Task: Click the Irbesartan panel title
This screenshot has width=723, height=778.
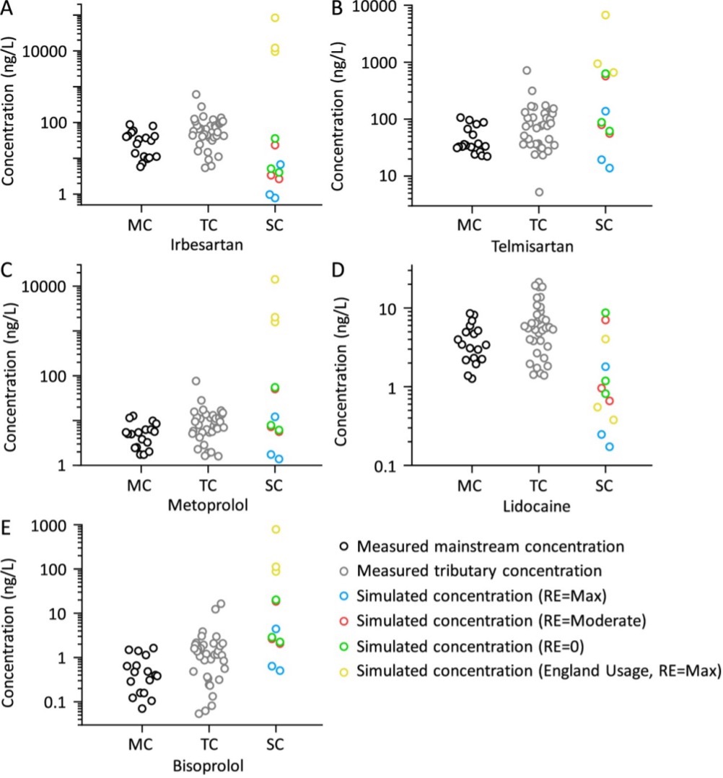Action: click(x=206, y=244)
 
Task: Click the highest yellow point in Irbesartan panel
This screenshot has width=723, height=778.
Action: click(x=276, y=17)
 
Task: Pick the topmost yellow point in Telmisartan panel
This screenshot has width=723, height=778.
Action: click(x=606, y=14)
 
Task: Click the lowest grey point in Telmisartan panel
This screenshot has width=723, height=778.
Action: click(x=539, y=192)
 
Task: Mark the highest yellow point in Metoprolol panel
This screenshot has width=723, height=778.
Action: click(x=275, y=279)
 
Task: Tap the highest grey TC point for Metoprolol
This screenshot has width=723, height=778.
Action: click(x=196, y=381)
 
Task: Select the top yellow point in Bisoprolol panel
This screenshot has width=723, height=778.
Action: click(x=276, y=529)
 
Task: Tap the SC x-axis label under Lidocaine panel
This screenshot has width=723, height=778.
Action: click(x=605, y=488)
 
